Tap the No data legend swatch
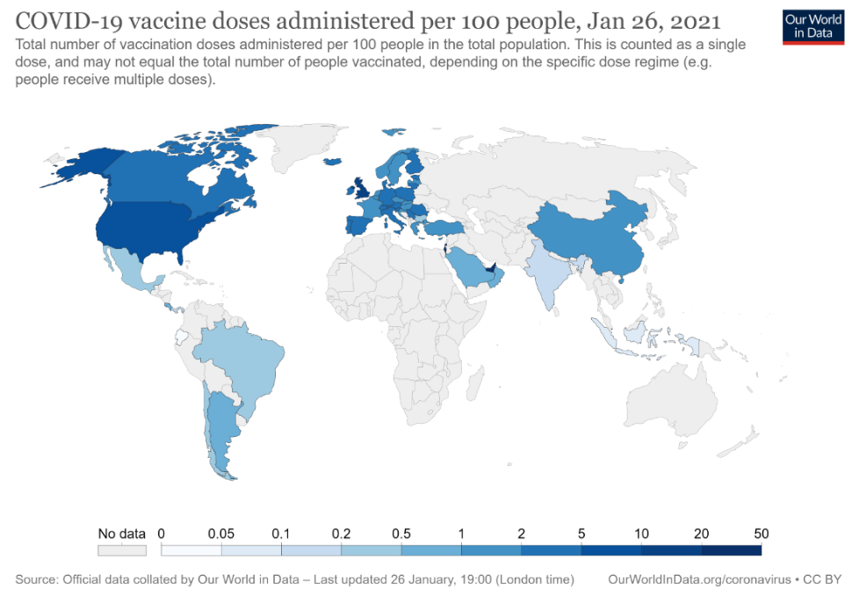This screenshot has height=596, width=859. (x=121, y=550)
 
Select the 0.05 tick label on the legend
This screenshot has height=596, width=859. (x=221, y=534)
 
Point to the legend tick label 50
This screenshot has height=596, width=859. (x=761, y=534)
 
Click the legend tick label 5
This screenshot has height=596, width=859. (x=581, y=534)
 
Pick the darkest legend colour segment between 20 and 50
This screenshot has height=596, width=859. (x=731, y=550)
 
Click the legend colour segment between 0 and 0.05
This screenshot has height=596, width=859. (x=191, y=550)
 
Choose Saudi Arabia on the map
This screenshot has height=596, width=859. (x=470, y=268)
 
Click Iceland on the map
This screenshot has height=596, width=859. (x=332, y=161)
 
